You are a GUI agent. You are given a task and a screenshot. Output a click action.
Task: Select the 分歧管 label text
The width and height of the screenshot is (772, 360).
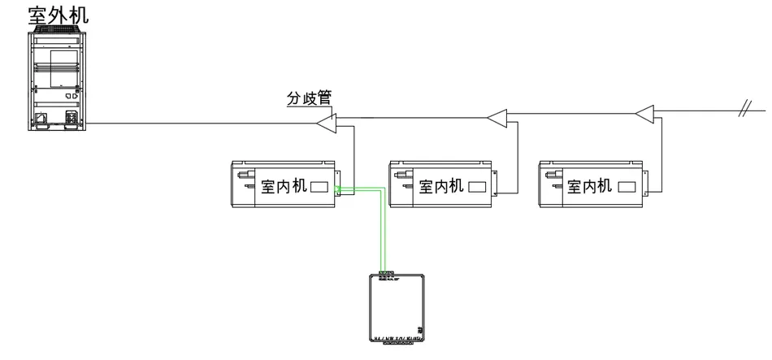click(x=309, y=98)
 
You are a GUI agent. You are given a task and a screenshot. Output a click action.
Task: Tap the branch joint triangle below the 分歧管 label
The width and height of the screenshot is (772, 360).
click(x=327, y=124)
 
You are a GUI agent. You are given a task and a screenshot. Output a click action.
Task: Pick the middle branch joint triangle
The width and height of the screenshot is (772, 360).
click(x=497, y=119)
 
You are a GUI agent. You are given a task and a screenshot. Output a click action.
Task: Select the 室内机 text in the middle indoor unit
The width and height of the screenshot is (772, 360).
click(x=440, y=187)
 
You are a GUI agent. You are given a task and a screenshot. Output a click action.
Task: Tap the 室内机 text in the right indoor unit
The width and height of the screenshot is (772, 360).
click(x=590, y=187)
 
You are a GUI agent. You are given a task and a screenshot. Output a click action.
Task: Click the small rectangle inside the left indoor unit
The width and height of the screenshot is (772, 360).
click(x=320, y=187)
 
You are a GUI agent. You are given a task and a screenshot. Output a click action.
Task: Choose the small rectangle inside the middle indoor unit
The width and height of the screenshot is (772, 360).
click(x=477, y=187)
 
